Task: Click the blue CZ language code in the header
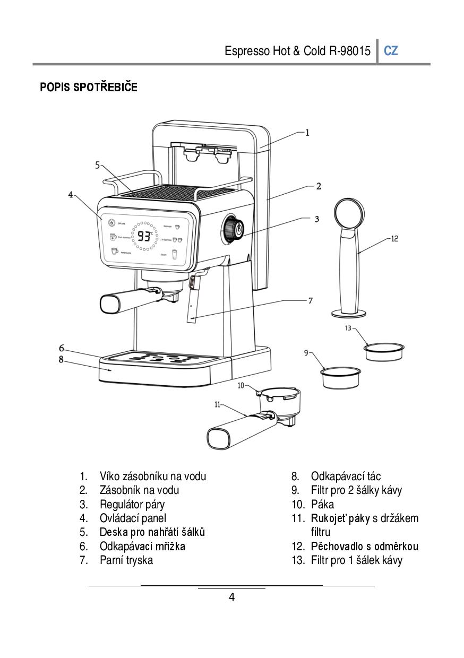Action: (391, 51)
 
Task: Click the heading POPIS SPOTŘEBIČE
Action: (89, 88)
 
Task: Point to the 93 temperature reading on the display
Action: (144, 236)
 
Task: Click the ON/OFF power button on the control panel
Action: (111, 223)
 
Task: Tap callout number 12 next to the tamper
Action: (394, 239)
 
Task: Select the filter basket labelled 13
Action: (384, 352)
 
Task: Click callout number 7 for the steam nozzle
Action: (311, 301)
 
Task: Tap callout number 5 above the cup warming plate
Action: (97, 165)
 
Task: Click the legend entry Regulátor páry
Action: (132, 504)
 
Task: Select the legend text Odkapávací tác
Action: (346, 476)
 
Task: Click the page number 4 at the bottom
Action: (231, 597)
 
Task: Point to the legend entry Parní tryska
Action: (126, 560)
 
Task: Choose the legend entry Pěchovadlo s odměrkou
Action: (365, 546)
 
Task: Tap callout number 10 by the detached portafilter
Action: (240, 386)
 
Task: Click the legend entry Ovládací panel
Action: (133, 518)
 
